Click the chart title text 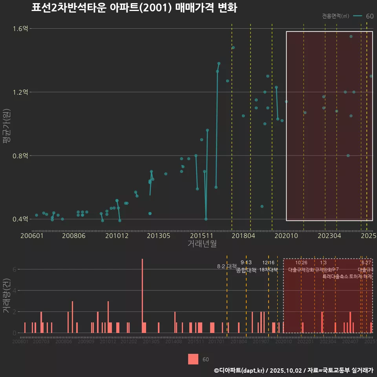pos(134,8)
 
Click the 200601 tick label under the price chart pos(32,236)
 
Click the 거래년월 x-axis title pos(202,244)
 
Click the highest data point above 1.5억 pos(351,37)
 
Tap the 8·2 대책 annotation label pos(227,266)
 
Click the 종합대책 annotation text pos(246,270)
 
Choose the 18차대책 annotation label pos(269,270)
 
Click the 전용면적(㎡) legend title pos(335,16)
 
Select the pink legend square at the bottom pos(193,359)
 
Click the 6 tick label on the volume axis pos(14,269)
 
